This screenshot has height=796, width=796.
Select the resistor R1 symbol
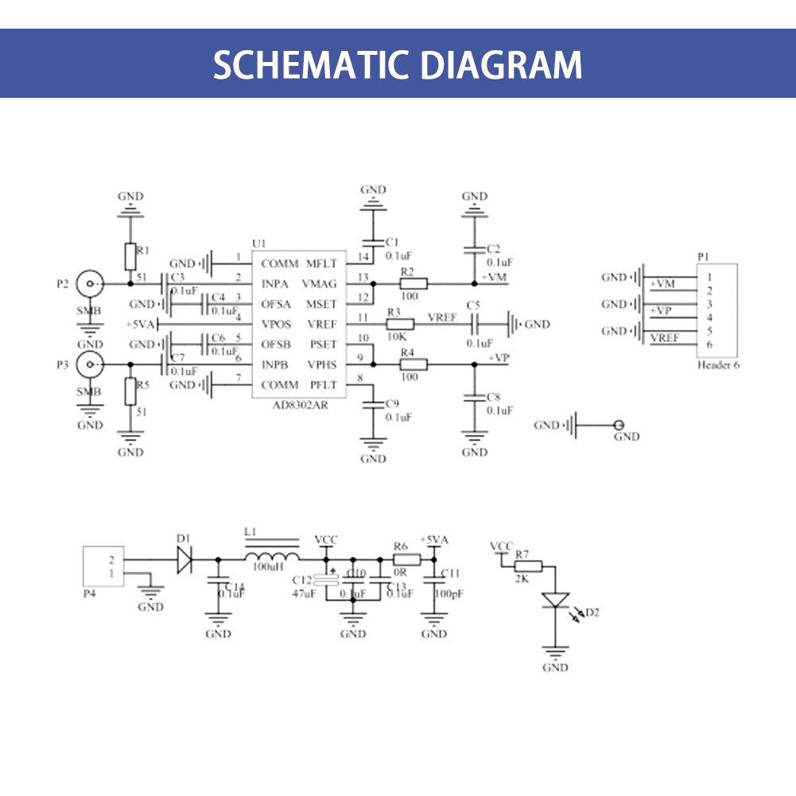(130, 257)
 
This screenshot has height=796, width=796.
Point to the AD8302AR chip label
(296, 404)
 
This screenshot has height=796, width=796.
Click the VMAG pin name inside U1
(320, 284)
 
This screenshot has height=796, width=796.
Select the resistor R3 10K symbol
(400, 324)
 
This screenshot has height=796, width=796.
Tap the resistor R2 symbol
(414, 283)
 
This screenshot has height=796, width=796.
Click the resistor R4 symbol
(414, 365)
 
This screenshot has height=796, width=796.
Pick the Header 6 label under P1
(718, 366)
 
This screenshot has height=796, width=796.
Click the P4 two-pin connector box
(103, 566)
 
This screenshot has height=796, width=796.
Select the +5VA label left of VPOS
(143, 324)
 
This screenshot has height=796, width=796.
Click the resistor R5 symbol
(130, 391)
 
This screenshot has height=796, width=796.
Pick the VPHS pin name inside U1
(321, 365)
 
